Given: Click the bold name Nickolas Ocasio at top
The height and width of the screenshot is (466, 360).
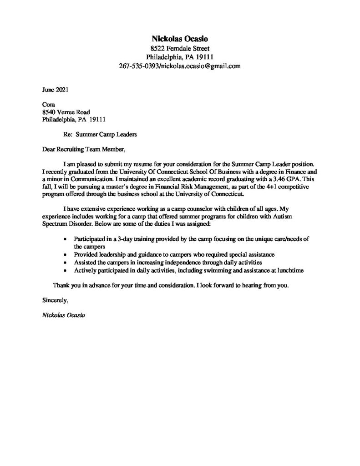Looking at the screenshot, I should [180, 39].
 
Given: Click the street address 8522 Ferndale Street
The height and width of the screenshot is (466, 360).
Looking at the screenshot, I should [180, 48].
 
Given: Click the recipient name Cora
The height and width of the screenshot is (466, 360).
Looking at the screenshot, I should [48, 104].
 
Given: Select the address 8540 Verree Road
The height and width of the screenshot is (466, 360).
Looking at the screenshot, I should [66, 112].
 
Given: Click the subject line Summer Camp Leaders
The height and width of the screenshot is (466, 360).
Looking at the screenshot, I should [106, 134].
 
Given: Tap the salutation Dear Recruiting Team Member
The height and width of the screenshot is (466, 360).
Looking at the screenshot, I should [82, 149].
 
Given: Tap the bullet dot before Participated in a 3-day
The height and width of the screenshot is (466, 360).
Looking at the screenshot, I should [66, 239].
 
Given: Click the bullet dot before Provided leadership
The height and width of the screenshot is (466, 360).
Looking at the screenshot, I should [66, 254].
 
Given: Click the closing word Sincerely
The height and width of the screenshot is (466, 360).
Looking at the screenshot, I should [55, 300].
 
